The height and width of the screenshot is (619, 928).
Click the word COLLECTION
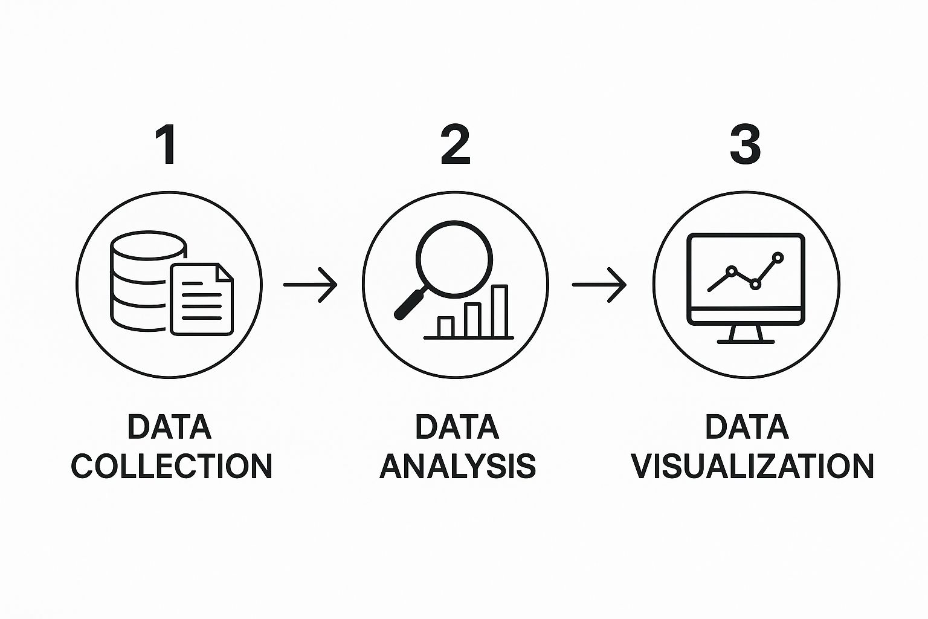pyautogui.click(x=172, y=466)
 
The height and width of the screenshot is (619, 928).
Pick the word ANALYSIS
pyautogui.click(x=458, y=466)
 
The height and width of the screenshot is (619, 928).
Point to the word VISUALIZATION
pyautogui.click(x=752, y=466)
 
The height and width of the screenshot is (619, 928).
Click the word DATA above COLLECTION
pyautogui.click(x=170, y=427)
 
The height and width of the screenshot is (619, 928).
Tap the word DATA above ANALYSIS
pyautogui.click(x=457, y=427)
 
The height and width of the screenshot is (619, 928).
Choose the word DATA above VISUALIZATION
pyautogui.click(x=747, y=427)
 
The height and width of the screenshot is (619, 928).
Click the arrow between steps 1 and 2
pyautogui.click(x=311, y=284)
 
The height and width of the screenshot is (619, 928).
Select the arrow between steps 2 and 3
pyautogui.click(x=599, y=284)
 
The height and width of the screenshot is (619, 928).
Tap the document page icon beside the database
pyautogui.click(x=201, y=299)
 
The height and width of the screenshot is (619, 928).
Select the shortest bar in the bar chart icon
pyautogui.click(x=446, y=326)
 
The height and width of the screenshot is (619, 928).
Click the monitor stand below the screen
pyautogui.click(x=746, y=334)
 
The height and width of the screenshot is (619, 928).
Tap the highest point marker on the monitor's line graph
pyautogui.click(x=778, y=258)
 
